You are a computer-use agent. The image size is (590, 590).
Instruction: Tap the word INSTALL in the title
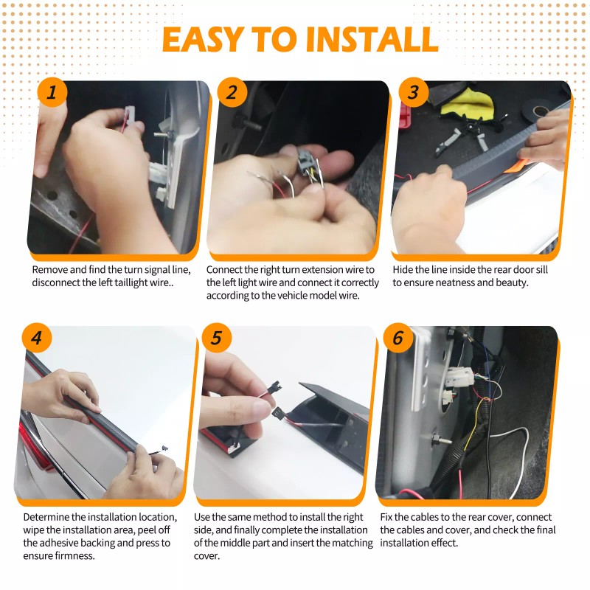tap(372, 39)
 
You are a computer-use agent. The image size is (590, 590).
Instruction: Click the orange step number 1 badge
tap(52, 92)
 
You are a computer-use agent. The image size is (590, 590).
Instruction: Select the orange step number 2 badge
tap(232, 92)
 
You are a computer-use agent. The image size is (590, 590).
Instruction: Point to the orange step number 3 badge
tap(414, 92)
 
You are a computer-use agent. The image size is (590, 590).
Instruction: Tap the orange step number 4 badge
tap(36, 338)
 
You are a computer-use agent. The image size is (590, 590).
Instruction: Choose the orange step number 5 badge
tap(216, 338)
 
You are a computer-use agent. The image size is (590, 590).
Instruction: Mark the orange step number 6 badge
tap(398, 338)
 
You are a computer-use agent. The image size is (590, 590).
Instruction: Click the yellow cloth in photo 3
tap(468, 103)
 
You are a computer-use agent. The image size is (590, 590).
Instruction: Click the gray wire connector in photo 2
tap(305, 162)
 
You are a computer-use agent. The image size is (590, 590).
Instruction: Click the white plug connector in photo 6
tap(459, 378)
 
